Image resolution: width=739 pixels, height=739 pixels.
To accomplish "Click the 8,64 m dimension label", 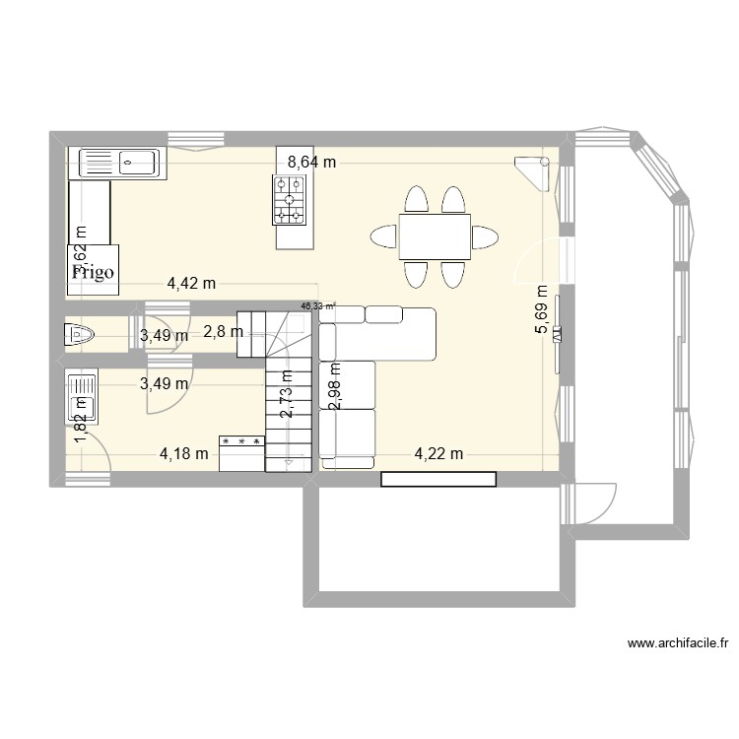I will (311, 162).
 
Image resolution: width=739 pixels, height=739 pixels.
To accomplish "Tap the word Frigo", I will (93, 271).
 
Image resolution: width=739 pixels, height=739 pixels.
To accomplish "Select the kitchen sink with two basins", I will (118, 162).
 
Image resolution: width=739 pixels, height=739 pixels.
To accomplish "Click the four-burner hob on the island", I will (291, 199).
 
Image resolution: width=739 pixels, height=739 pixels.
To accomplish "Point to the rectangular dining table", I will (435, 236).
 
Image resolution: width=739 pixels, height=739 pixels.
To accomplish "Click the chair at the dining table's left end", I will (383, 236).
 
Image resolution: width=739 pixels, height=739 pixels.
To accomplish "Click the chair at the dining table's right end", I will (485, 236).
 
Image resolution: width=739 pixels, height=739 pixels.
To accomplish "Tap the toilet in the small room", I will (79, 335).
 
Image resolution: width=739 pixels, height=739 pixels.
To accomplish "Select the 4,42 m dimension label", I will (191, 284).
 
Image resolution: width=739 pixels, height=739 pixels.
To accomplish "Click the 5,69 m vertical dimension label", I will (541, 309).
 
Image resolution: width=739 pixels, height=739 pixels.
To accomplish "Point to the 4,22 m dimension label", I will (438, 454).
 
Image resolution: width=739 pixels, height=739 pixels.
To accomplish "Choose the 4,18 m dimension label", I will (184, 454).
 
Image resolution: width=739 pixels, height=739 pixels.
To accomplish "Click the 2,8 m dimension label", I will (223, 332).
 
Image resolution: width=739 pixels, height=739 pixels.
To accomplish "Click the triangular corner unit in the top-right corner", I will (531, 170).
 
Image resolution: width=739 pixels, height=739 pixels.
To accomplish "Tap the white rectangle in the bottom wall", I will (438, 480).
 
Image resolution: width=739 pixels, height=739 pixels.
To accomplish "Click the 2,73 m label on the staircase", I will (287, 394).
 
